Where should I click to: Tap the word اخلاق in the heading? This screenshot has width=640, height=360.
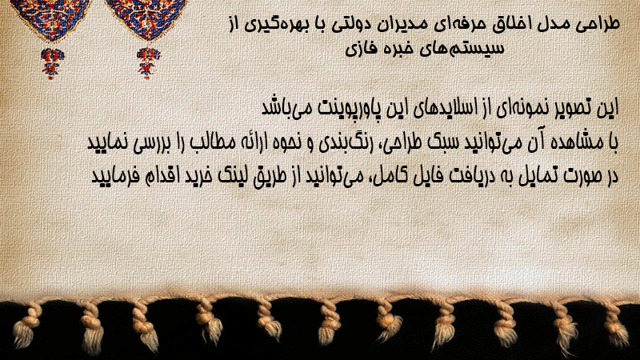pyautogui.click(x=513, y=24)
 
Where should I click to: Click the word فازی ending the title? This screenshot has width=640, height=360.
pyautogui.click(x=362, y=49)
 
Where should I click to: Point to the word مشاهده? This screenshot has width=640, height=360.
pyautogui.click(x=574, y=142)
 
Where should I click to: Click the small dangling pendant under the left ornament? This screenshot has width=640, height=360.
pyautogui.click(x=52, y=63)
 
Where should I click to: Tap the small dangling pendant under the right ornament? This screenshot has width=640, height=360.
pyautogui.click(x=148, y=63)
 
